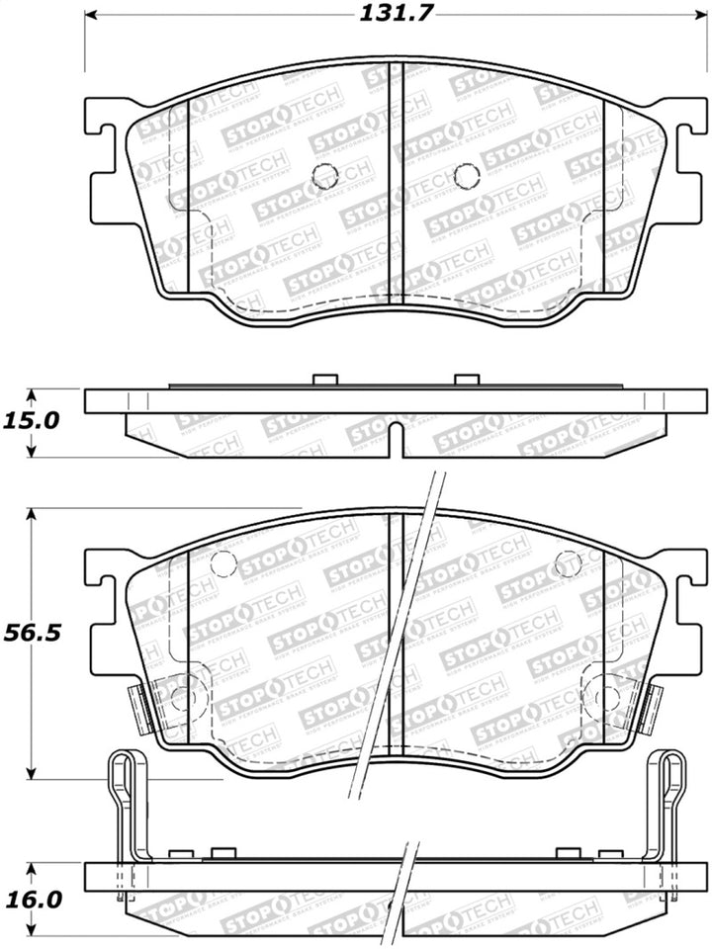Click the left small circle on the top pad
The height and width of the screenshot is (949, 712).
coord(324,177)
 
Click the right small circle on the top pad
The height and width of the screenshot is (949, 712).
coord(465,177)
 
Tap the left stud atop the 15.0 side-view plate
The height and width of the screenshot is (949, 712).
coord(324,381)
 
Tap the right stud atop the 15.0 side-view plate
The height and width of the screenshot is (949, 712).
coord(465,381)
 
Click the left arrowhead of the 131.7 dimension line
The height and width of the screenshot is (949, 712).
coord(92,17)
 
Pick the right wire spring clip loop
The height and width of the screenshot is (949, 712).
coord(671,776)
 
